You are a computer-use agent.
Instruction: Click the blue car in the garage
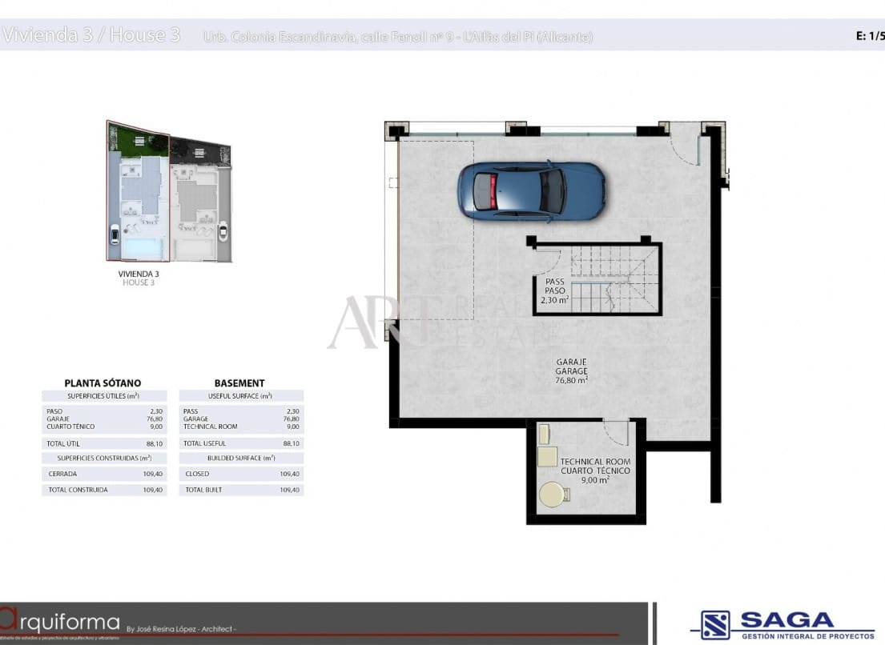[x=531, y=190]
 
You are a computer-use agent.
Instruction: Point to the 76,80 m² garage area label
[x=572, y=381]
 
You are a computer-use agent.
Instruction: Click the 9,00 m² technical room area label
[x=594, y=480]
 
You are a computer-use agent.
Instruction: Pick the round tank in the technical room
[x=553, y=495]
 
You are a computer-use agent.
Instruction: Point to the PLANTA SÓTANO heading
[x=103, y=383]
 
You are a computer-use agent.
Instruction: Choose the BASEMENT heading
[x=239, y=383]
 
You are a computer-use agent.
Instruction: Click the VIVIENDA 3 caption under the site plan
[x=139, y=274]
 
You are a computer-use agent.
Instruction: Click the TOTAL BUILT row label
[x=203, y=490]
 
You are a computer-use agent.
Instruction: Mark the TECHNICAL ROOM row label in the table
[x=211, y=427]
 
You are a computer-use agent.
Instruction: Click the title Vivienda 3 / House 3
[x=91, y=35]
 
